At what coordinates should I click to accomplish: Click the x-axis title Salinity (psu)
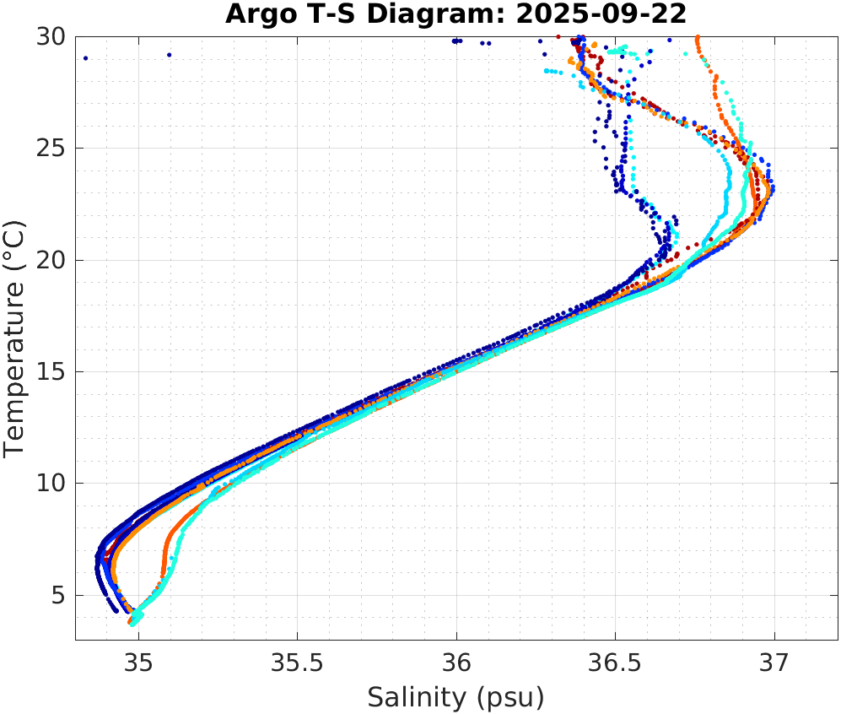456,697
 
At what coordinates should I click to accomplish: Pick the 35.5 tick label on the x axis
297,664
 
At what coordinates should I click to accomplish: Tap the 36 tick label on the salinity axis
456,664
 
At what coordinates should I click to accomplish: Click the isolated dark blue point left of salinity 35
86,58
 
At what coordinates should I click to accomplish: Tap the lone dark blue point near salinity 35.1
169,55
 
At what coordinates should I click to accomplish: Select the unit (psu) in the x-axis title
508,697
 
